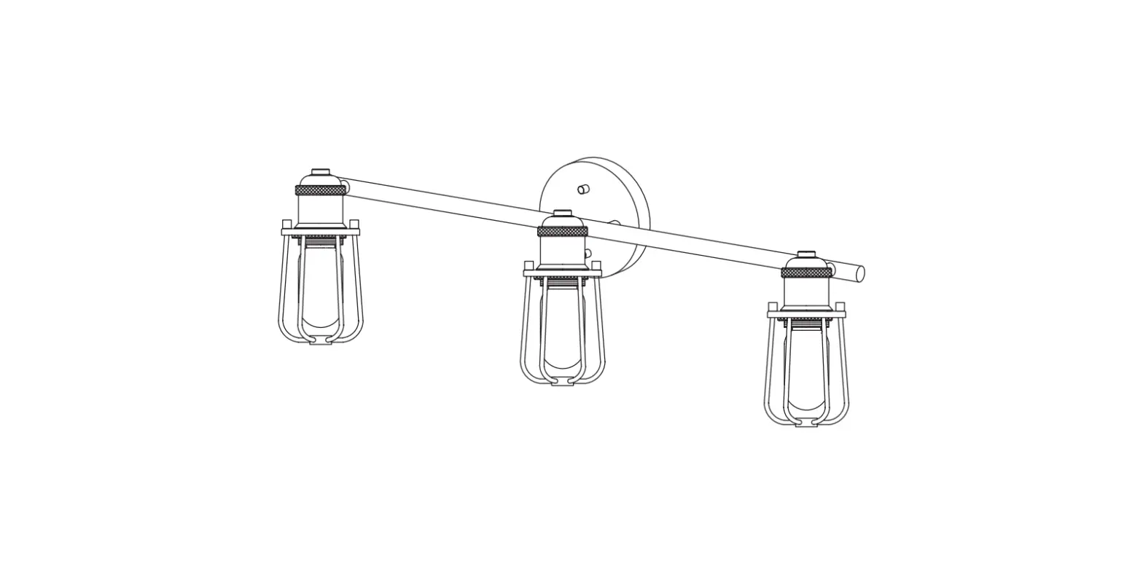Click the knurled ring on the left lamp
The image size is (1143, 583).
tap(320, 190)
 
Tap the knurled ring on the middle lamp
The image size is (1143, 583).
tap(562, 231)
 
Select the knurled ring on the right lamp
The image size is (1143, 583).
tap(806, 273)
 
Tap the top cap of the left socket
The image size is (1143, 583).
tap(320, 173)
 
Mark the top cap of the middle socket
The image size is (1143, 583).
tap(562, 214)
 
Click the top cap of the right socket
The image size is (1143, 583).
tap(806, 254)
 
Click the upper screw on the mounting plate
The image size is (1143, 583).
tap(582, 189)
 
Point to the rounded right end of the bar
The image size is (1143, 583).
tap(859, 274)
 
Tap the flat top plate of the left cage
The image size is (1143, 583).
tap(320, 232)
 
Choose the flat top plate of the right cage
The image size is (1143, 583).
tap(806, 314)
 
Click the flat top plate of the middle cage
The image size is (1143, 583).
tap(562, 273)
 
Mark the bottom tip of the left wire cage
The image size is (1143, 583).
tap(320, 341)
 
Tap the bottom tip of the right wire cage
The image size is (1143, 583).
tap(806, 423)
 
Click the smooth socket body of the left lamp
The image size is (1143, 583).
tap(320, 211)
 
